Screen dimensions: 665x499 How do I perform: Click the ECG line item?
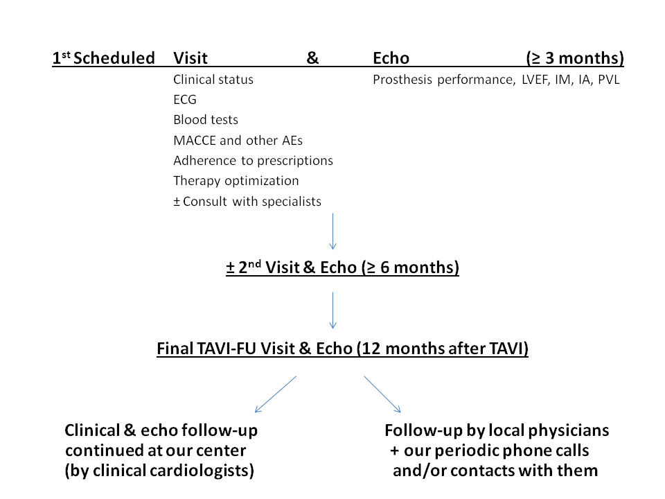(185, 99)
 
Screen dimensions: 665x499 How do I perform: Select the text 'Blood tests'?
(206, 120)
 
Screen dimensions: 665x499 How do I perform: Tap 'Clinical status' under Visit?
(213, 79)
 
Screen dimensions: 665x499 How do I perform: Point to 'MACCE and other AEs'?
(238, 140)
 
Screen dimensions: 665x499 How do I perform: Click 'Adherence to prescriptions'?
(254, 161)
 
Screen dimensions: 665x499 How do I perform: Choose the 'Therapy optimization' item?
(236, 181)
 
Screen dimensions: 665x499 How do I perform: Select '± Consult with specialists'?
(247, 201)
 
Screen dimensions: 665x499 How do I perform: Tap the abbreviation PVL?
(609, 79)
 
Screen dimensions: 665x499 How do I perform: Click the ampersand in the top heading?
(312, 58)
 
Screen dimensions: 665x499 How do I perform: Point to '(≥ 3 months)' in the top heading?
(575, 58)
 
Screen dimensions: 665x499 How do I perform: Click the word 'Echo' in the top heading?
(391, 58)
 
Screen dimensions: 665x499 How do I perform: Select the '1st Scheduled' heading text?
(103, 58)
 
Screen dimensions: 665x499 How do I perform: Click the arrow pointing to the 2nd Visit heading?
(333, 231)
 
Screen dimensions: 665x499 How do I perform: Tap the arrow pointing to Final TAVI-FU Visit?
(333, 310)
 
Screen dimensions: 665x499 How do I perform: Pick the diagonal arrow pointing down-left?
(276, 394)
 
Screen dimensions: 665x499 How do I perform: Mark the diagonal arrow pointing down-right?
(382, 394)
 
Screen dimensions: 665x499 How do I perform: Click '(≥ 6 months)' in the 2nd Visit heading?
(411, 268)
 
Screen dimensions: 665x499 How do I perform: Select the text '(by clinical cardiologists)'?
(159, 471)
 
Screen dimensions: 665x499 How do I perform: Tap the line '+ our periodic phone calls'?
(490, 450)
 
